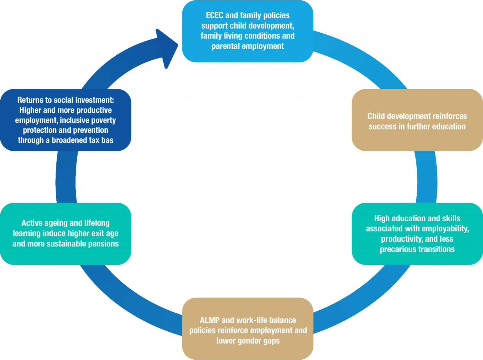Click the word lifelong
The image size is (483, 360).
[x=97, y=223]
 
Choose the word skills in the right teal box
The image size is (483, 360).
[x=451, y=219]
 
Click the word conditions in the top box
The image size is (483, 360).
[x=262, y=36]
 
